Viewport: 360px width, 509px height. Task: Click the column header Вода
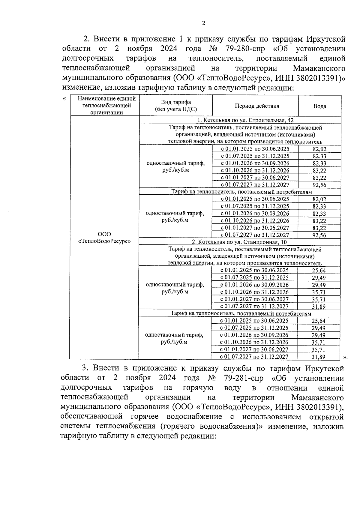319,106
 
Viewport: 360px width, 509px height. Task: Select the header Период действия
257,106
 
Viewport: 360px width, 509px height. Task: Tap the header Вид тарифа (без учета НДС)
176,106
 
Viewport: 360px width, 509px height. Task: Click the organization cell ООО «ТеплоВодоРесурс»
104,238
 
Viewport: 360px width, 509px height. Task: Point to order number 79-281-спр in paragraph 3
243,378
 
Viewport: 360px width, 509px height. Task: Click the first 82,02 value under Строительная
319,149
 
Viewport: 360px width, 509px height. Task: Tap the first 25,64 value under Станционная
319,271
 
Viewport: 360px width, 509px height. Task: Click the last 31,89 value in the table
319,357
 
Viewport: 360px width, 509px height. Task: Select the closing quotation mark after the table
345,357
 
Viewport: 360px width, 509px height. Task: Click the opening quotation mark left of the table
64,99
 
